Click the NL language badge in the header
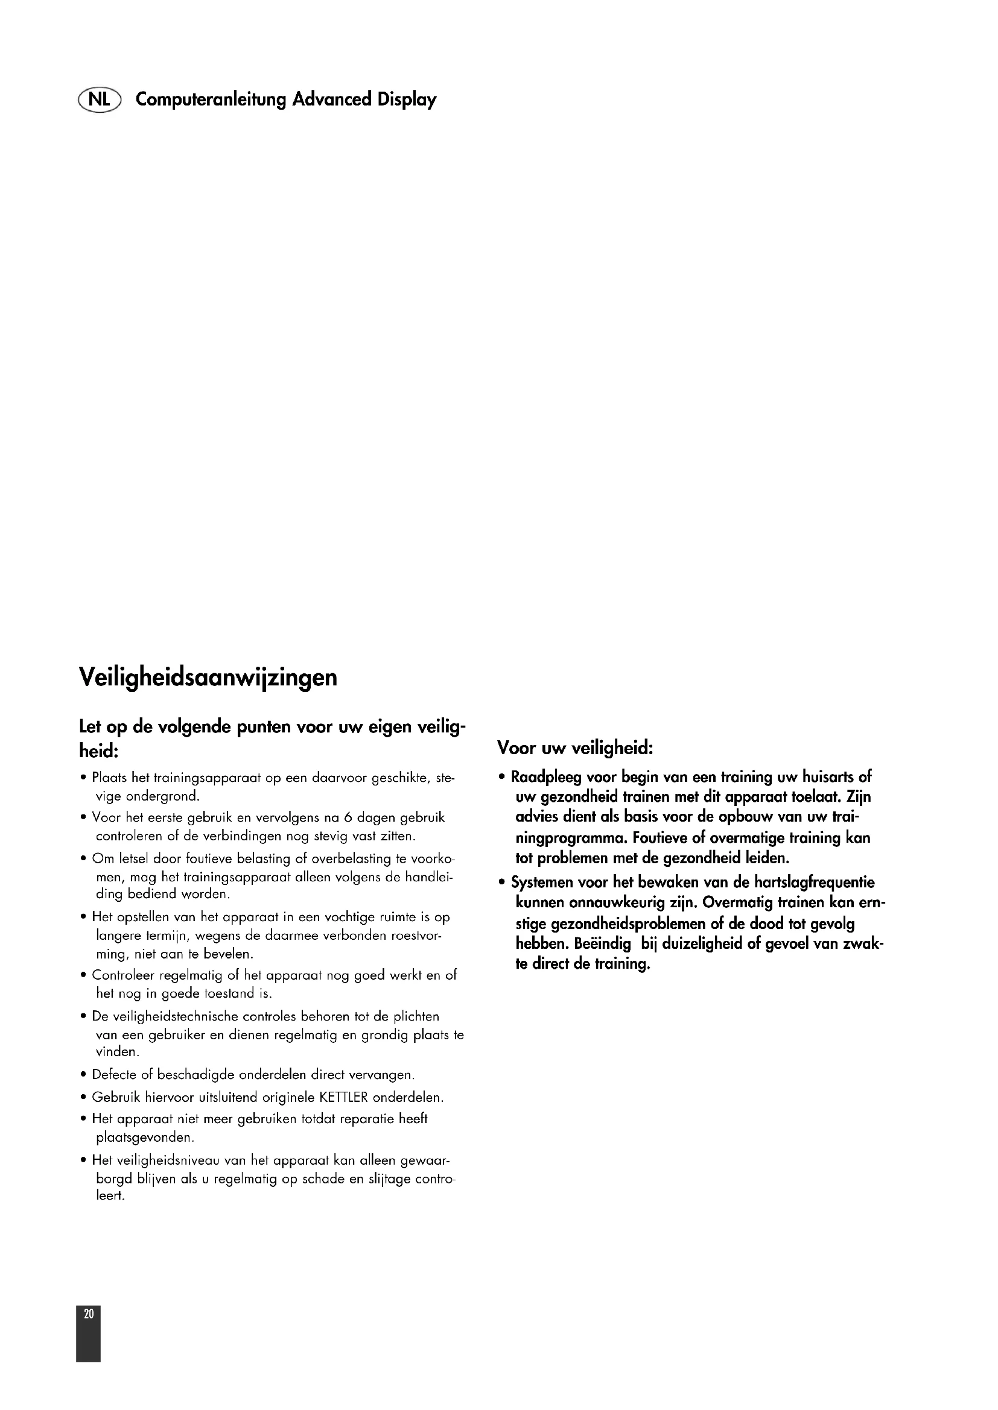(x=100, y=99)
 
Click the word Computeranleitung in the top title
(x=211, y=99)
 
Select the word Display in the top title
(x=407, y=99)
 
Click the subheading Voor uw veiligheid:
(x=574, y=749)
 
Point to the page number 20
(x=89, y=1314)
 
